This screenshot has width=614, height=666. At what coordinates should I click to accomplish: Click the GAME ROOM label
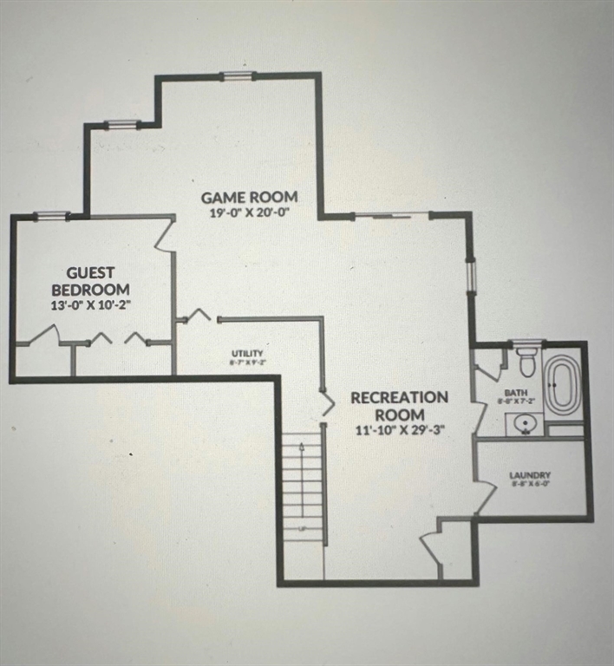(x=249, y=197)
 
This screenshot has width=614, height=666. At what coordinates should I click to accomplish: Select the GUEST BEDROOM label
(x=90, y=281)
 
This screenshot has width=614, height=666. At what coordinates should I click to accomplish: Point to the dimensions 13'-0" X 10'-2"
(x=90, y=305)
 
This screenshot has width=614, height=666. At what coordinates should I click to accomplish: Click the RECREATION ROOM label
(x=400, y=406)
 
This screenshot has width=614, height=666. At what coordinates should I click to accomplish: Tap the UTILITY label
(x=246, y=354)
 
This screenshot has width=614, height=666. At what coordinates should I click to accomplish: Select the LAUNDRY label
(x=530, y=475)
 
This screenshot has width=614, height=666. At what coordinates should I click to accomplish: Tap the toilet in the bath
(x=526, y=362)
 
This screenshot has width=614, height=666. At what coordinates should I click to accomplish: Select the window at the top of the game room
(x=238, y=76)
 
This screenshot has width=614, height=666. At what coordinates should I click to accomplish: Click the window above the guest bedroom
(x=53, y=216)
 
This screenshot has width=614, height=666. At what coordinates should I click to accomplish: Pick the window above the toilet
(x=526, y=344)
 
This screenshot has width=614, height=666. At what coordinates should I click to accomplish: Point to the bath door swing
(x=488, y=369)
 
